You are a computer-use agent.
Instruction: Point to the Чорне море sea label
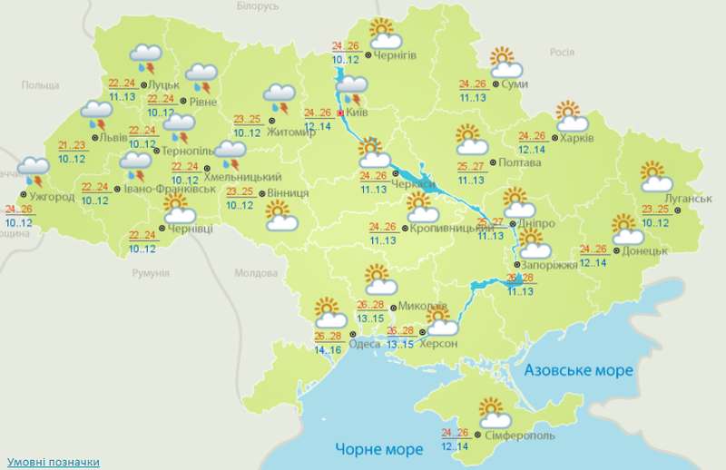coord(378,449)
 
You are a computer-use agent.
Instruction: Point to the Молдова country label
coord(255,272)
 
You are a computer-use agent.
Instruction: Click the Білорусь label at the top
coord(258,6)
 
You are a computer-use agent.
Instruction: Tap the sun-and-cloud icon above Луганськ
coord(654,176)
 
